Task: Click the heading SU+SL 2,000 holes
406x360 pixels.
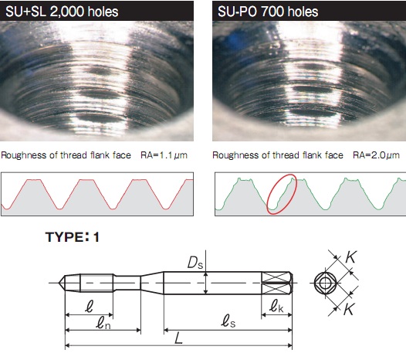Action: pos(62,12)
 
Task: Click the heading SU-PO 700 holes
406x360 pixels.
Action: pos(268,12)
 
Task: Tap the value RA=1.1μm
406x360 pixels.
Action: pos(164,155)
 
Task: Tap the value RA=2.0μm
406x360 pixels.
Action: pos(376,155)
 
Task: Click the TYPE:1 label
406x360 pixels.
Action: pos(73,237)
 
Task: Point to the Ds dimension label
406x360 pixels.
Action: pos(195,263)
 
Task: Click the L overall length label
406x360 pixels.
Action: pos(179,338)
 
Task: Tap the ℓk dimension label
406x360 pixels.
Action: pos(276,307)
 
